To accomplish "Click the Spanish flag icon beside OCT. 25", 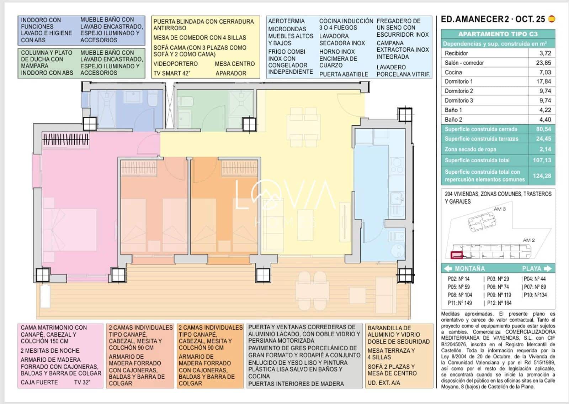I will (x=552, y=19).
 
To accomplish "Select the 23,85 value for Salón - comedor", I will (x=543, y=63).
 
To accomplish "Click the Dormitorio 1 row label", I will (x=459, y=82).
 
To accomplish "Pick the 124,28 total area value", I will (x=542, y=175).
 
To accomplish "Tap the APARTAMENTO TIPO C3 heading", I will (x=498, y=34).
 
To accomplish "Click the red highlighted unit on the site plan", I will (x=457, y=255).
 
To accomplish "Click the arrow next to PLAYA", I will (x=548, y=268).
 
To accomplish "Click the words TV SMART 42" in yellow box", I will (x=172, y=73).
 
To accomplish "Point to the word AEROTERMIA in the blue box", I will (x=286, y=21).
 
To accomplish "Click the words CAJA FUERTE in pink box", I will (x=39, y=382).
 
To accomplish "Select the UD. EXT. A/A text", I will (x=384, y=383).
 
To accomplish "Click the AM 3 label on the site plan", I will (x=499, y=209).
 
